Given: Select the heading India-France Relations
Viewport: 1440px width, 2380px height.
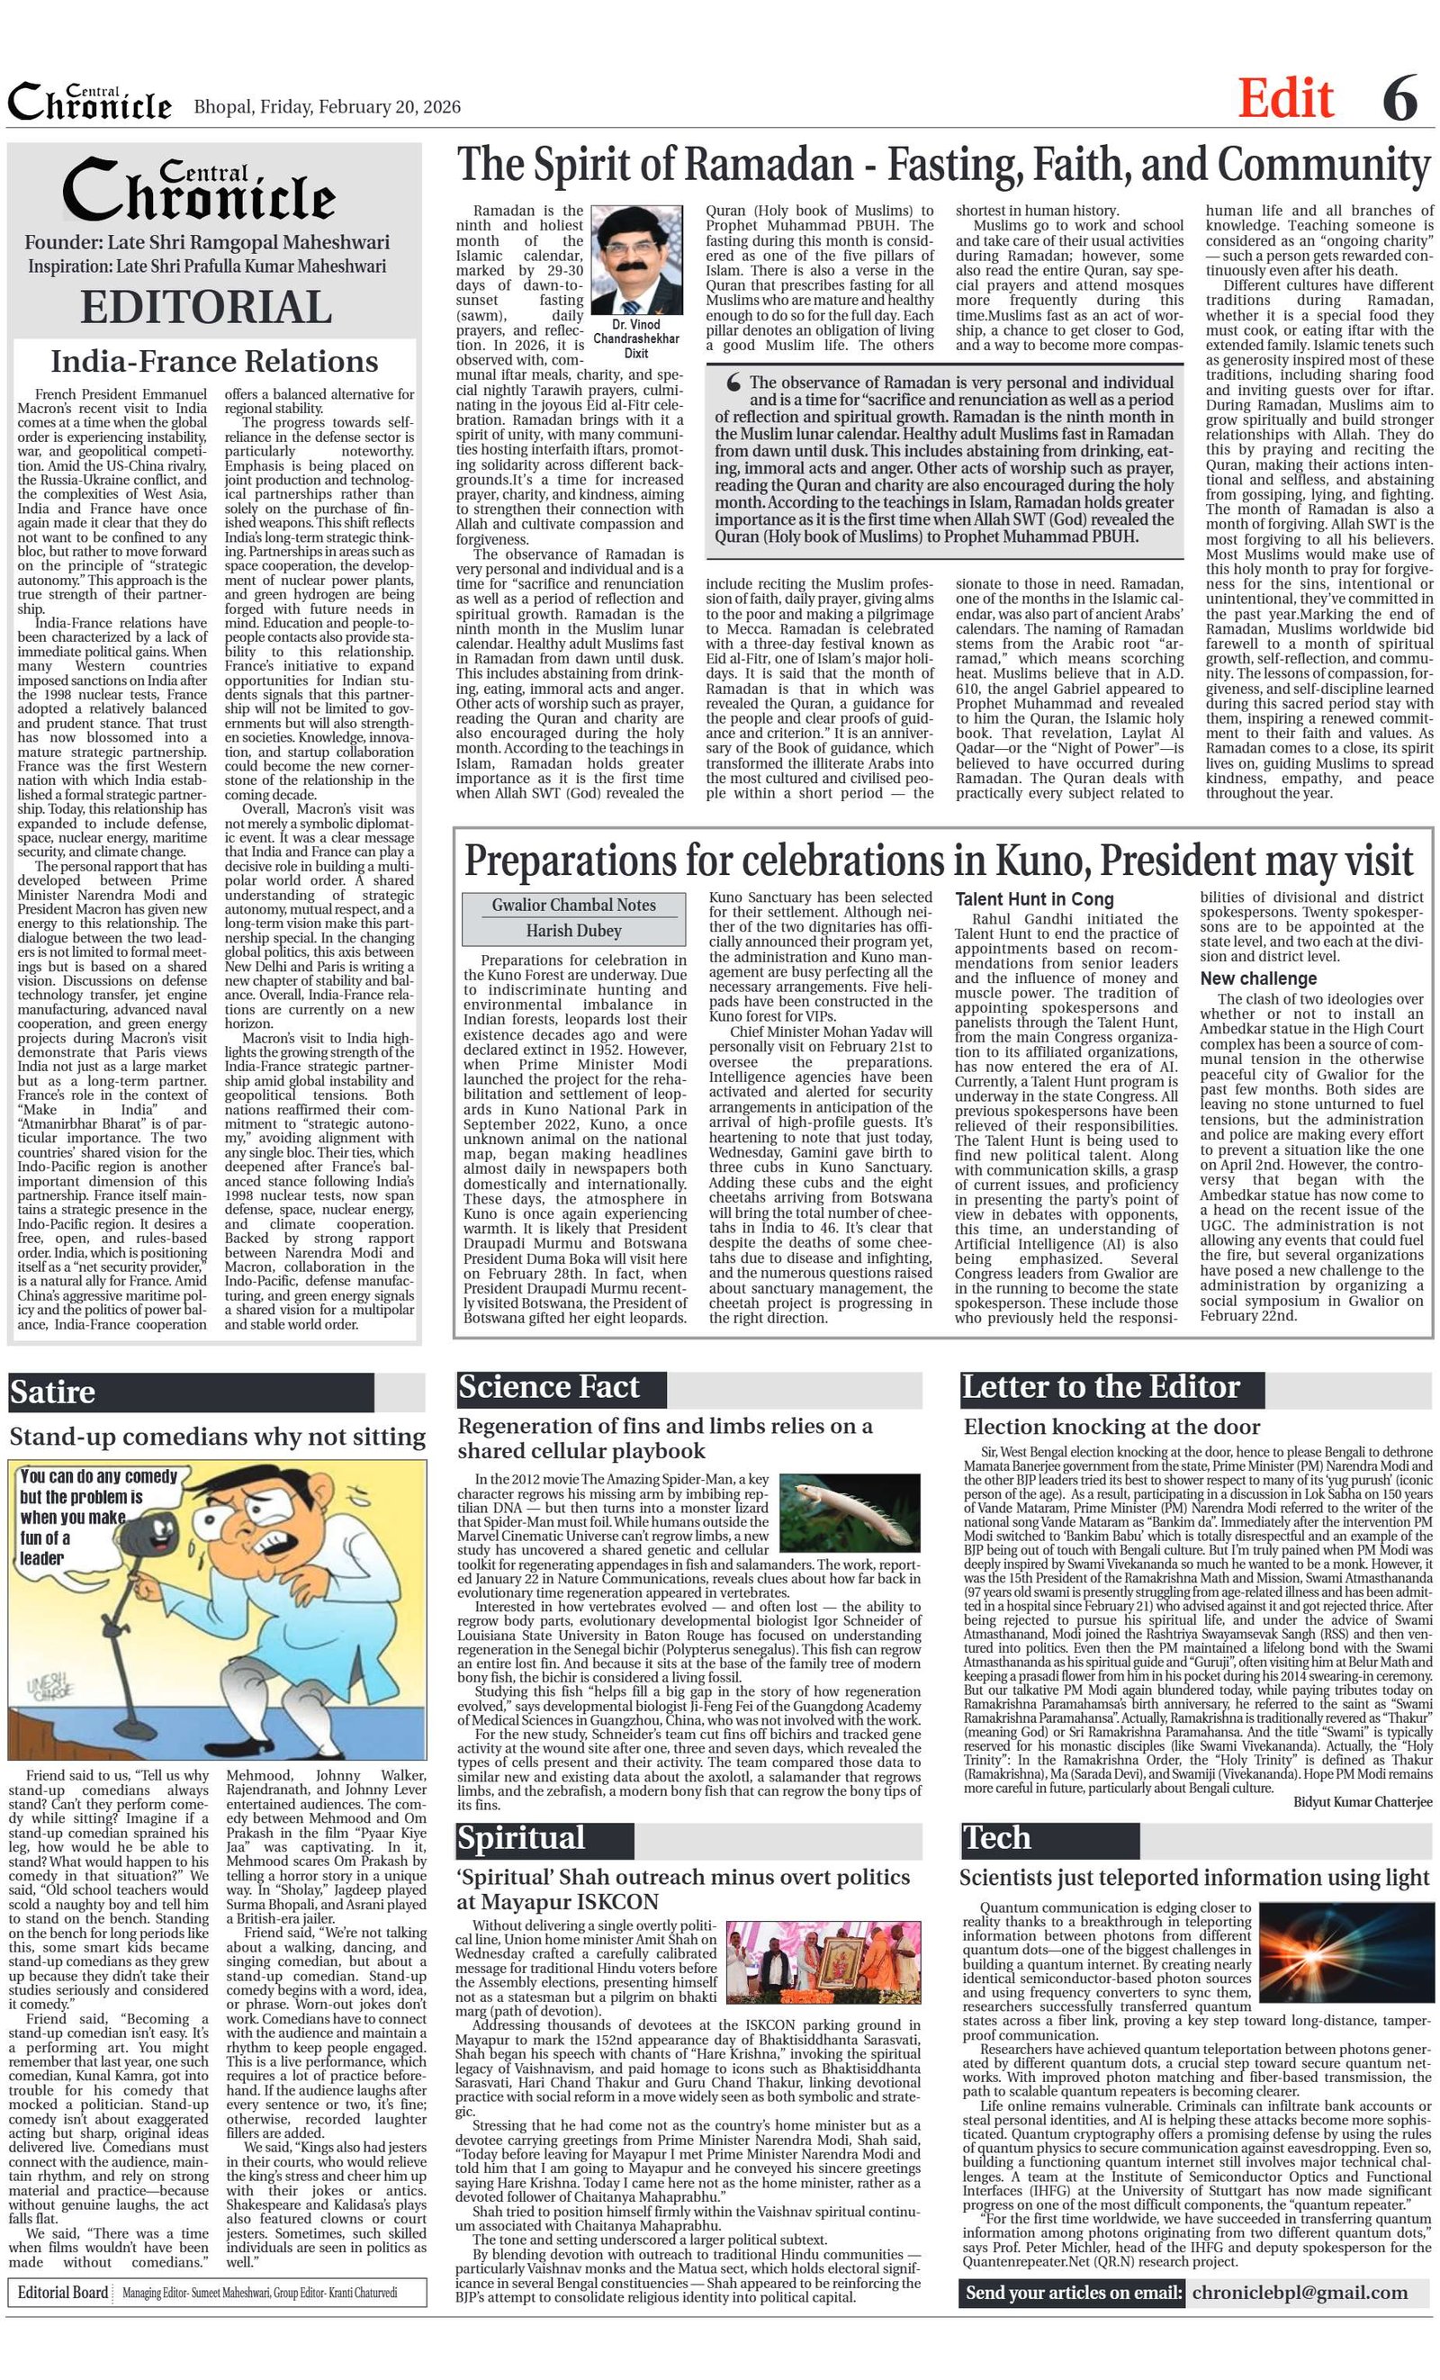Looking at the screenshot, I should [x=214, y=361].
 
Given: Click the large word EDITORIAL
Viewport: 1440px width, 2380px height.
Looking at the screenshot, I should [x=206, y=308].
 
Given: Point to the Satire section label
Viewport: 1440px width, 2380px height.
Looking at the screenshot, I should [x=53, y=1392].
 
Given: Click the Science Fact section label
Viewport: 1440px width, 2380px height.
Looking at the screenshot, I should [x=549, y=1387].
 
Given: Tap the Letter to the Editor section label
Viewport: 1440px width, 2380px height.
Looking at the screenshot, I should [x=1100, y=1387].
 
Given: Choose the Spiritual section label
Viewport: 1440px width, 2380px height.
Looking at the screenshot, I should [x=521, y=1837].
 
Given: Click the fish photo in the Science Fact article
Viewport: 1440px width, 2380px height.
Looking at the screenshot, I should [x=850, y=1512].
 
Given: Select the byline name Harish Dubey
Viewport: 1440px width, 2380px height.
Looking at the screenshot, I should [x=572, y=930].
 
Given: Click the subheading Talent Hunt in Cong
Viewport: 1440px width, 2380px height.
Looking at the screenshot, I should [x=1034, y=899].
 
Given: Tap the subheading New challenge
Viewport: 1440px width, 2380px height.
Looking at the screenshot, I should [x=1258, y=978].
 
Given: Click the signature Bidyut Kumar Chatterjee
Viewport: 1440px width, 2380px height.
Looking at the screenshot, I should [x=1363, y=1801].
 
